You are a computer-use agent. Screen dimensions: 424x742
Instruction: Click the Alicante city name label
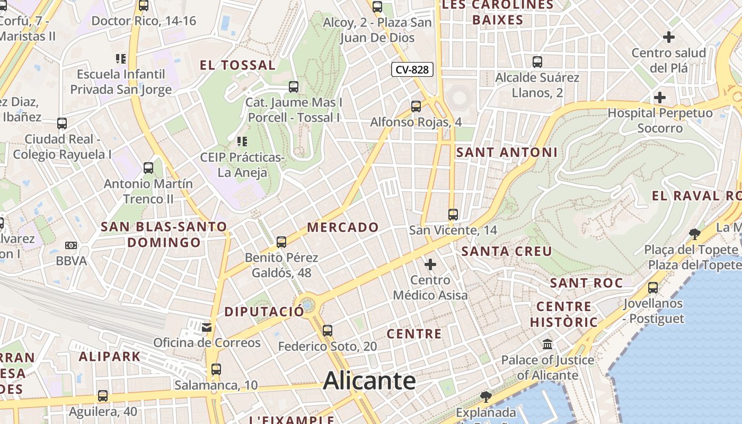pos(369,381)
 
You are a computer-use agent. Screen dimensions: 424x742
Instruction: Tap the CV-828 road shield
pos(413,69)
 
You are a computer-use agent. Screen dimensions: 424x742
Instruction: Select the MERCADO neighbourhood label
pos(343,227)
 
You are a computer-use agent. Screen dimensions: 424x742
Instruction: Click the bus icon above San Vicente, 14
pos(453,215)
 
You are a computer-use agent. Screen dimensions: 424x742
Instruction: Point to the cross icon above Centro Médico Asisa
pos(430,264)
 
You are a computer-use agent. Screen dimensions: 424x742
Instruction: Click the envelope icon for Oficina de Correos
pos(207,328)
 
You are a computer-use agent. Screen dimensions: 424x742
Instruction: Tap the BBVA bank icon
pos(71,245)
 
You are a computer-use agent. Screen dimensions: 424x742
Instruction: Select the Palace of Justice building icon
pos(547,345)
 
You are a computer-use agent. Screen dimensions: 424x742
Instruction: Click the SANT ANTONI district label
pos(507,153)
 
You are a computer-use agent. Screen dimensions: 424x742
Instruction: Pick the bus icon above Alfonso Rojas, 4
pos(416,107)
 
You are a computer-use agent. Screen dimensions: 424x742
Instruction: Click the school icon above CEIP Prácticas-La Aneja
pos(242,142)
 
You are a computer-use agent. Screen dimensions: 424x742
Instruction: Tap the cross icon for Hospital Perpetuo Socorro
pos(660,98)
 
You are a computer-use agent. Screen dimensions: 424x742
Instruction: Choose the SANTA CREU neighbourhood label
pos(507,251)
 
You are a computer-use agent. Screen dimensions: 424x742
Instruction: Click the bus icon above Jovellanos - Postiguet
pos(653,288)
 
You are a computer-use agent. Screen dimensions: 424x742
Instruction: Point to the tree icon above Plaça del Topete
pos(694,234)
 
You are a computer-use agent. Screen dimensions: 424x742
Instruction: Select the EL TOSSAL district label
pos(237,66)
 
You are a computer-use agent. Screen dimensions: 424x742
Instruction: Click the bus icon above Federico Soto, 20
pos(328,331)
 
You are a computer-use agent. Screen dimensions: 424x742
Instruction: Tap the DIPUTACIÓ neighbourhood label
pos(264,312)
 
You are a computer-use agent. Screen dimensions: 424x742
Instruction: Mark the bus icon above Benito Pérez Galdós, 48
pos(281,242)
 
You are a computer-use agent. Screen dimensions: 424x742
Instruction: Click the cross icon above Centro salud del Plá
pos(669,37)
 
